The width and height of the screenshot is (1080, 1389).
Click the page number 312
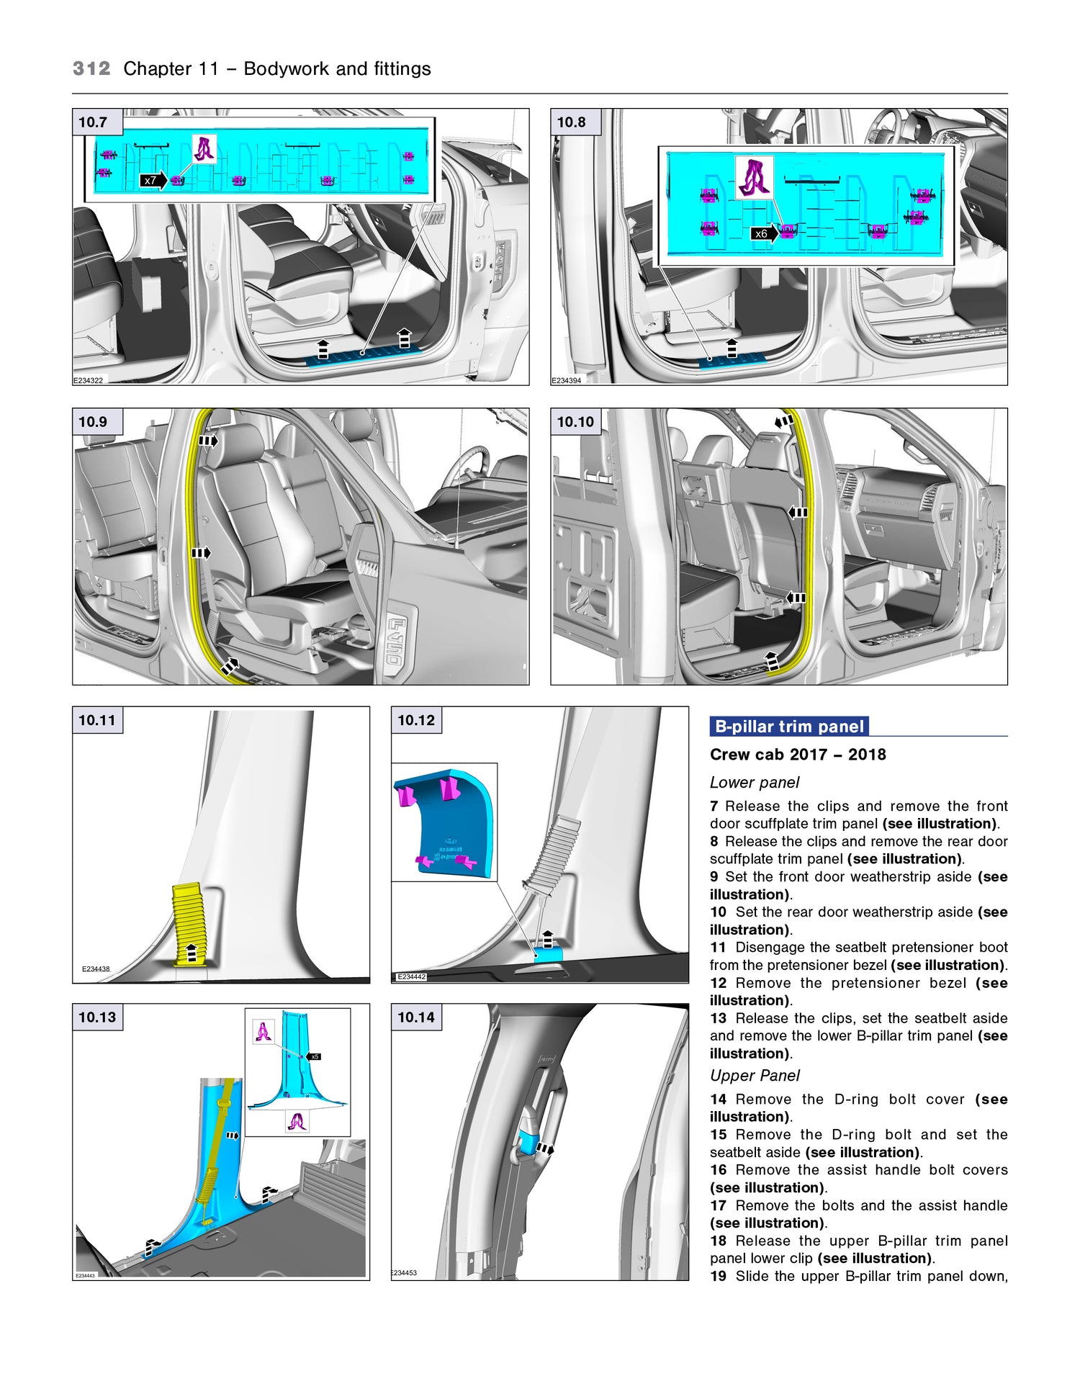tap(91, 69)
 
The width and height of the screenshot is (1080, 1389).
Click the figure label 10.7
tap(93, 122)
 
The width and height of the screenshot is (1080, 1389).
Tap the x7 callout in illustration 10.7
tap(150, 181)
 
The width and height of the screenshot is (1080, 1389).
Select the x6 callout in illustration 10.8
tap(761, 233)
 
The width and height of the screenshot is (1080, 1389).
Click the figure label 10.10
tap(575, 422)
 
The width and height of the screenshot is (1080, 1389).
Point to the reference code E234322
tap(88, 381)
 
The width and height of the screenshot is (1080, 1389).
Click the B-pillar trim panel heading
tap(789, 727)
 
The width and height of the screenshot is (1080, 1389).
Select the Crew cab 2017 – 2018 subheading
tap(798, 755)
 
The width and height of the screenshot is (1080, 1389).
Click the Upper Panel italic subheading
tap(755, 1075)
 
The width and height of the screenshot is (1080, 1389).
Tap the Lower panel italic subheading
tap(755, 783)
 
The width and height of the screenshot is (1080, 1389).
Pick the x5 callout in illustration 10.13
tap(315, 1056)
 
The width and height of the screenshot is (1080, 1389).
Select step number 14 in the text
tap(718, 1100)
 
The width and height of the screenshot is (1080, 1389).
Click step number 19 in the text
tap(718, 1276)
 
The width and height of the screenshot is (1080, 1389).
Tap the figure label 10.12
tap(416, 720)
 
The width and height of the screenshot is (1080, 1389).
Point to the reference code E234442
tap(412, 977)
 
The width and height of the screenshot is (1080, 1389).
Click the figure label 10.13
tap(97, 1017)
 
